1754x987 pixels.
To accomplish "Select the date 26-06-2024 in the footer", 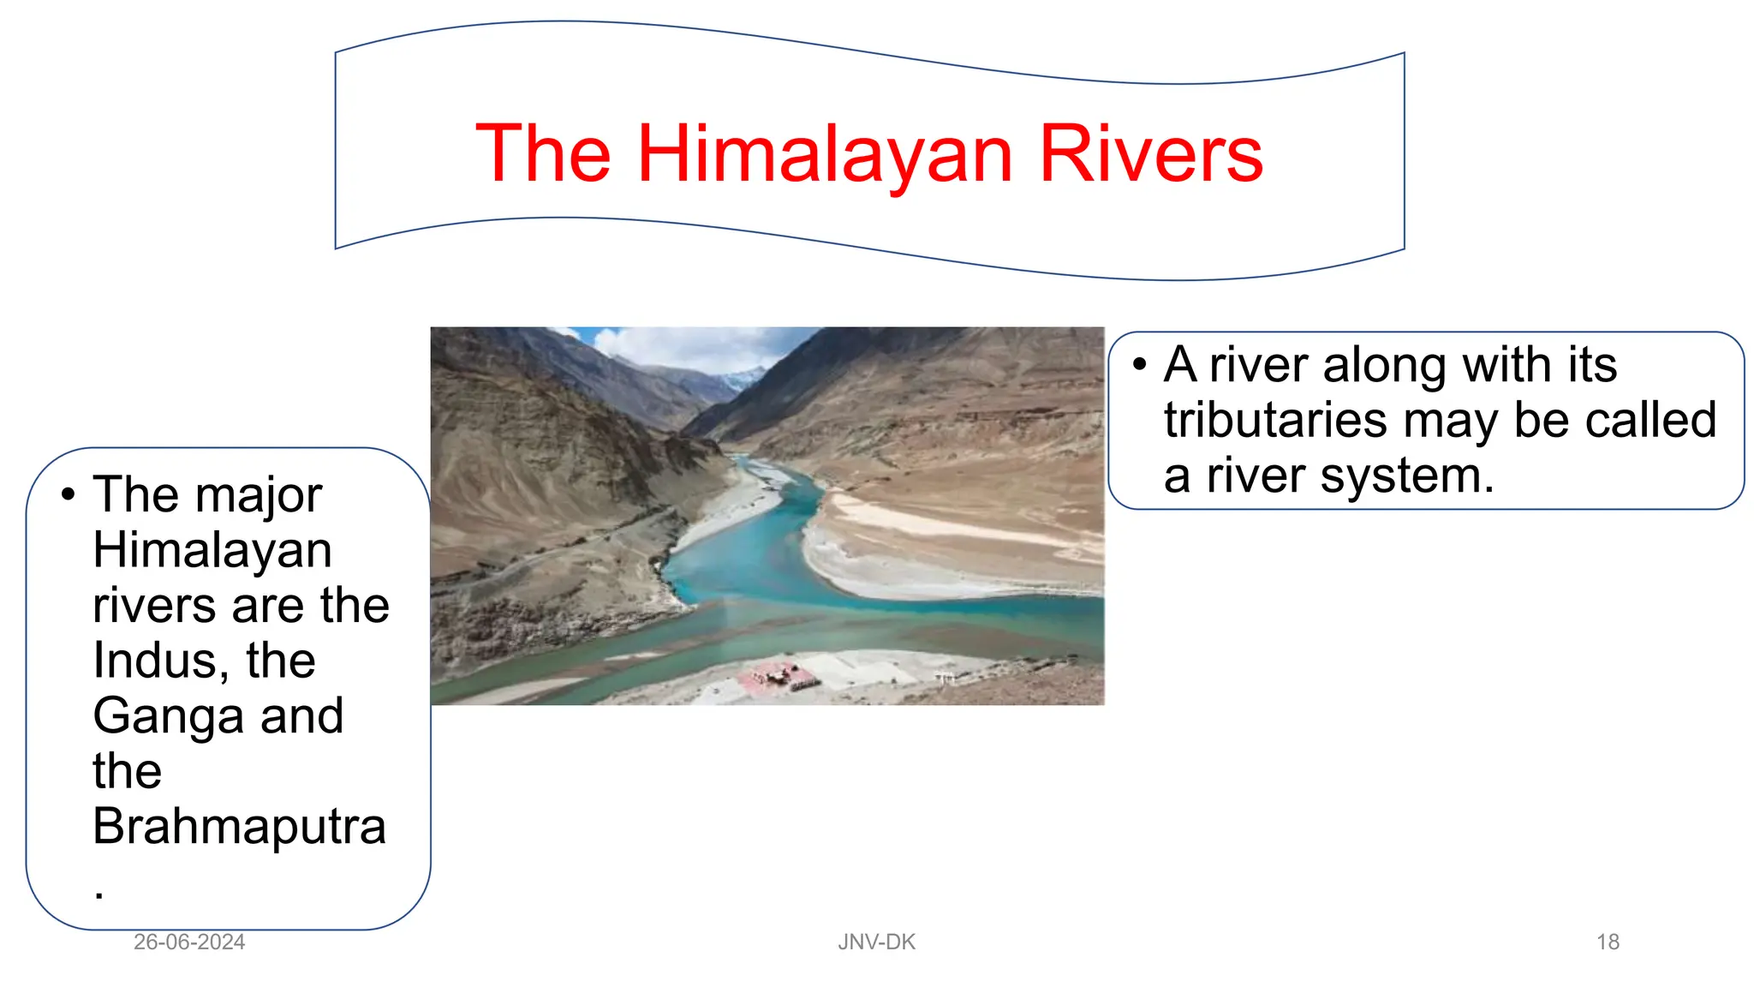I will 189,942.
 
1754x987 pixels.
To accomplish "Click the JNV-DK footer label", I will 876,942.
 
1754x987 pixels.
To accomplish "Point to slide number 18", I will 1608,942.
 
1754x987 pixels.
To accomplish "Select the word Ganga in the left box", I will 170,716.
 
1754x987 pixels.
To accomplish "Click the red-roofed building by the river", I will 778,676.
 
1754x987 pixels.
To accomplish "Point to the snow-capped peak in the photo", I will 742,377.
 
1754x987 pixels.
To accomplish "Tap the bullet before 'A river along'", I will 1139,365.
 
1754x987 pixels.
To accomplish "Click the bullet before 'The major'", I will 69,494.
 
